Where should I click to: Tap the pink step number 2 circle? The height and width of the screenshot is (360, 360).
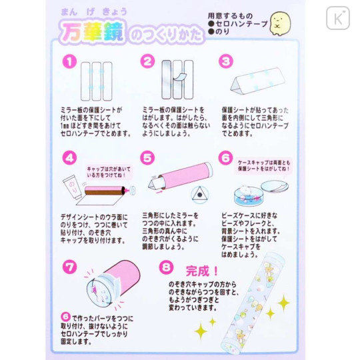click(x=147, y=61)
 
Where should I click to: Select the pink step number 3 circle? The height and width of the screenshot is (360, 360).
click(x=227, y=61)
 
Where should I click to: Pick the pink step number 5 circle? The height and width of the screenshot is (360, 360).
click(x=147, y=159)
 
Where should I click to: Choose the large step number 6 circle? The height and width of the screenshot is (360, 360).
click(x=226, y=159)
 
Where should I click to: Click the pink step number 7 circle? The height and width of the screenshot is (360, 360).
click(x=68, y=267)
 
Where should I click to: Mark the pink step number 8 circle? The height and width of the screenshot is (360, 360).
click(x=167, y=267)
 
